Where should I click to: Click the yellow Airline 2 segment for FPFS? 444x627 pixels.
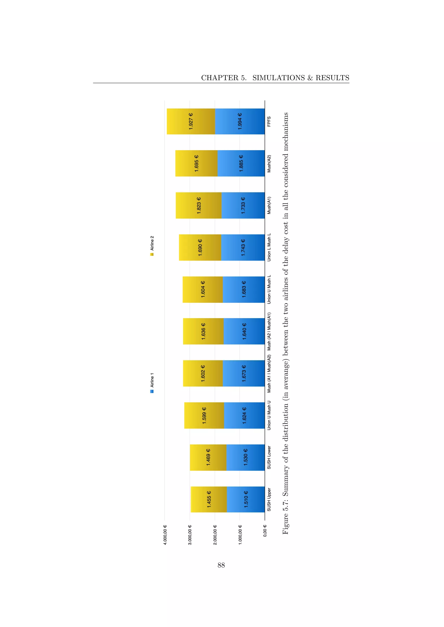(x=191, y=121)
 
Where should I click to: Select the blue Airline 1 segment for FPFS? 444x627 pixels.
(x=240, y=121)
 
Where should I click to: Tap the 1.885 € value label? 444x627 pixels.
(x=241, y=163)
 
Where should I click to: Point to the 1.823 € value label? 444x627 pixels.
(x=199, y=205)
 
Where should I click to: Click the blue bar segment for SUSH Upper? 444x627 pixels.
(x=246, y=499)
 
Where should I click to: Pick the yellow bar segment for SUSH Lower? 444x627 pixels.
(x=208, y=457)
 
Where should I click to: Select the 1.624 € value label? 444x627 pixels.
(x=244, y=415)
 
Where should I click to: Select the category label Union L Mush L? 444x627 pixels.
(x=269, y=247)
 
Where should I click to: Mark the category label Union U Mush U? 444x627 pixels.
(x=269, y=415)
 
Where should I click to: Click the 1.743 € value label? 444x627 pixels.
(x=243, y=247)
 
